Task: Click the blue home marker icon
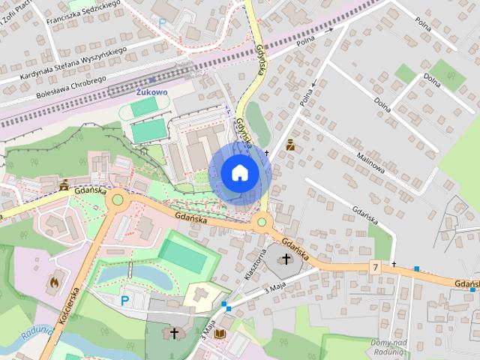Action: point(239,172)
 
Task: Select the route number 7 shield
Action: point(374,268)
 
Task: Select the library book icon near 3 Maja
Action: point(220,333)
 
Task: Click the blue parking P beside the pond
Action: point(125,301)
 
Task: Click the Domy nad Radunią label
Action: point(388,346)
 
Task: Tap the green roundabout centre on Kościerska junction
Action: point(117,200)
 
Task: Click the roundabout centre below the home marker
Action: point(262,220)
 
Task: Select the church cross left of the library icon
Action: point(175,332)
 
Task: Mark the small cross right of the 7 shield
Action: point(394,265)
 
